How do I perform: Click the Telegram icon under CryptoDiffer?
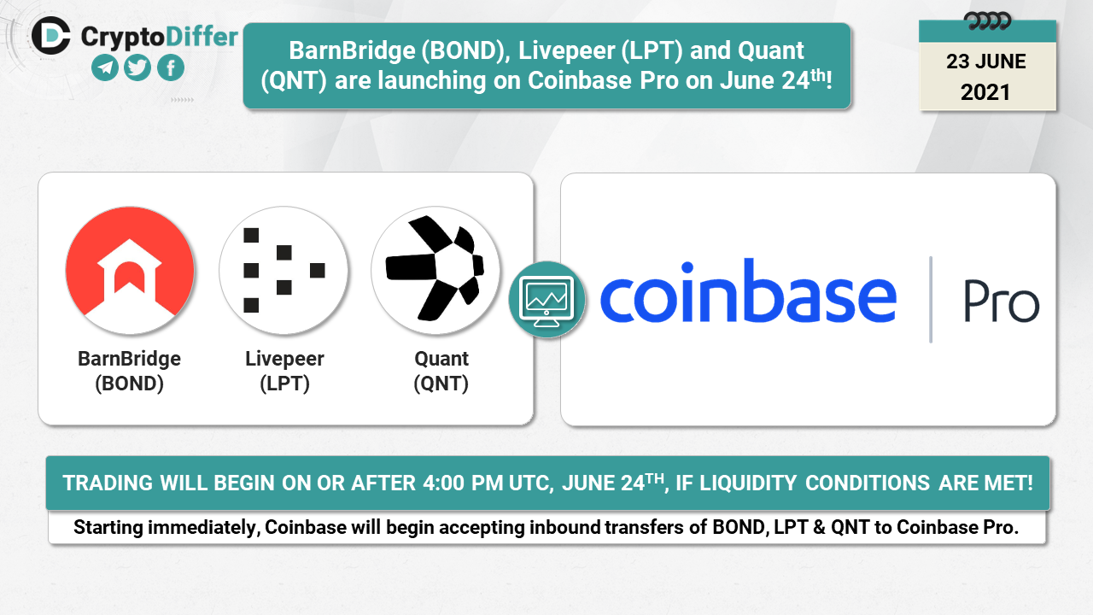(x=105, y=67)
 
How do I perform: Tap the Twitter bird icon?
(x=137, y=67)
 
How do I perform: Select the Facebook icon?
(x=171, y=67)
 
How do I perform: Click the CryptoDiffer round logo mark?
(x=50, y=36)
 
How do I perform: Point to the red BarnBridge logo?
(x=130, y=271)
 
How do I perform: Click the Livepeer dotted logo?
(x=283, y=271)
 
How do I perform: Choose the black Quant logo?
(x=435, y=271)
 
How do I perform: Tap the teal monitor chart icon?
(x=547, y=300)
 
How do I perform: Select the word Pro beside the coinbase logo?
(x=1002, y=302)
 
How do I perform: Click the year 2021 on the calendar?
(x=985, y=92)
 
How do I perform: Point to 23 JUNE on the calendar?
(x=985, y=61)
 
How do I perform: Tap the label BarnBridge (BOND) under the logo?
(x=129, y=371)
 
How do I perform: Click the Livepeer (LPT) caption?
(x=284, y=371)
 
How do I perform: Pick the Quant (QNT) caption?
(x=441, y=371)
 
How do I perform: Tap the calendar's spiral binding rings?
(x=987, y=21)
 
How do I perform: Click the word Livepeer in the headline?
(x=566, y=50)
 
